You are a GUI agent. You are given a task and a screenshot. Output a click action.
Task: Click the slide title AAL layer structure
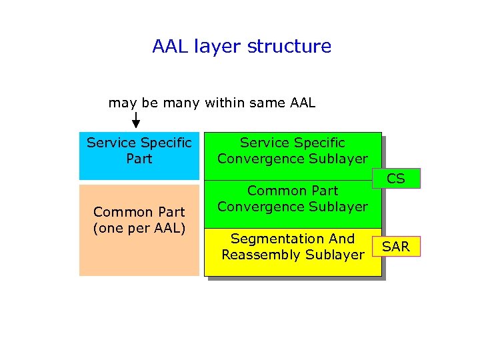click(241, 47)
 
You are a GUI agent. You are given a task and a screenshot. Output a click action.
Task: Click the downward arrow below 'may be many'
click(136, 121)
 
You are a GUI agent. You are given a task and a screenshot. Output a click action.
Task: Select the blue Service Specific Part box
click(139, 155)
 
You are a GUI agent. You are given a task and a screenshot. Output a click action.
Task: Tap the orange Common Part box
click(139, 230)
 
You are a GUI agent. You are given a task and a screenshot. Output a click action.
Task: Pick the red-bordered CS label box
click(396, 179)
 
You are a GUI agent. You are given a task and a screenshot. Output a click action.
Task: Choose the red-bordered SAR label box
click(396, 247)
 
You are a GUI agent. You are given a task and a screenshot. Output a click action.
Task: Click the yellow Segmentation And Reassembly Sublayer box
click(293, 251)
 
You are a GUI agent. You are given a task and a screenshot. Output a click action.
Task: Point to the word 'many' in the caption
click(181, 103)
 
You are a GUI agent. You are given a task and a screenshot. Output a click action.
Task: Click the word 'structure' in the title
click(289, 47)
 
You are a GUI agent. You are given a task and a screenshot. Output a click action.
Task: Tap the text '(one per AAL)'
click(139, 228)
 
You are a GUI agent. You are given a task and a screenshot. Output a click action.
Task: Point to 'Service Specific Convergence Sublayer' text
click(293, 151)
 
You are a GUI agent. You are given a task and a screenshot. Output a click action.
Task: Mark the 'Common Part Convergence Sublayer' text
click(293, 199)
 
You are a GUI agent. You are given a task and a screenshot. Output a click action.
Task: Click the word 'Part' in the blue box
click(139, 159)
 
